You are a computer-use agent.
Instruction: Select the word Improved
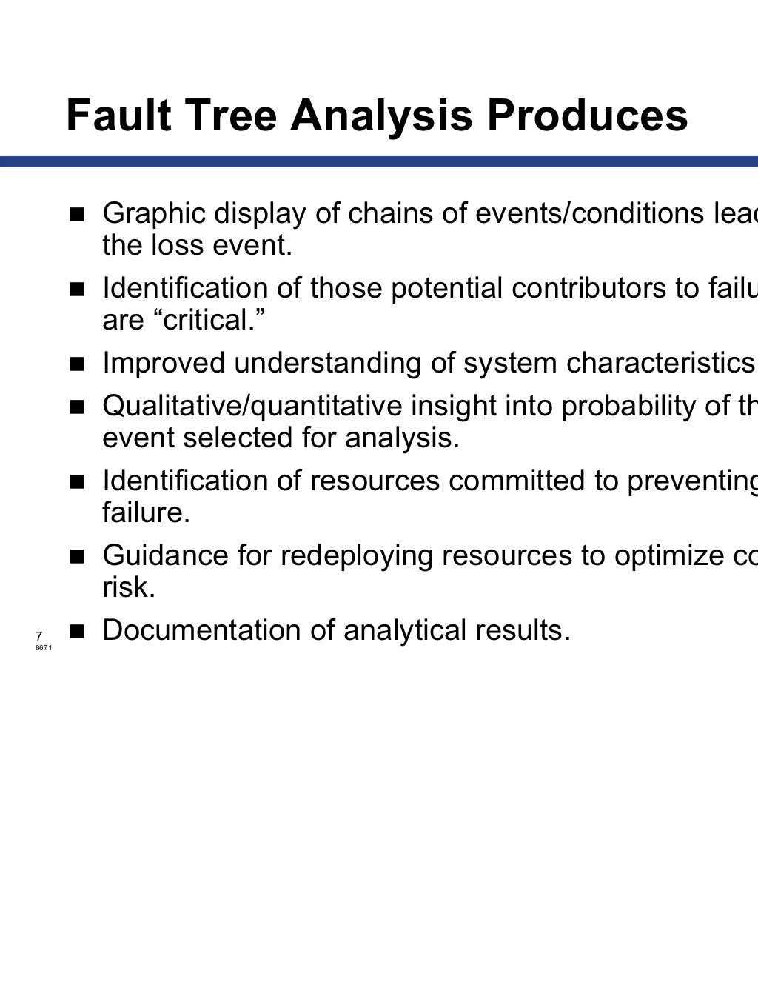tap(164, 363)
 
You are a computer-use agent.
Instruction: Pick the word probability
tap(628, 406)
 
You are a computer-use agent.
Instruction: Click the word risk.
tap(129, 587)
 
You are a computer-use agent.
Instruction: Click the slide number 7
tap(38, 635)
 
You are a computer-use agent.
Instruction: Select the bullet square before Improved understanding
tap(77, 364)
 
